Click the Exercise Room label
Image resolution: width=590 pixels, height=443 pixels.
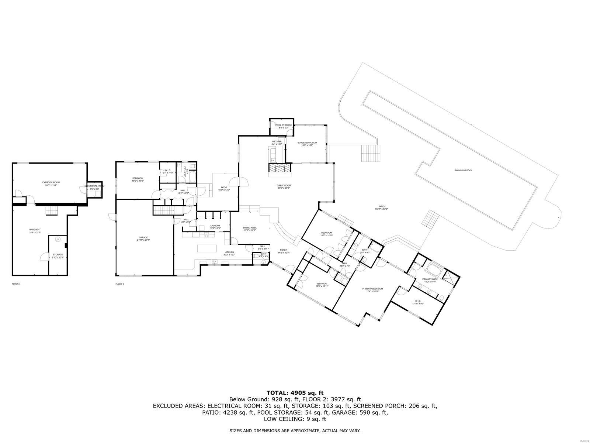[x=51, y=182]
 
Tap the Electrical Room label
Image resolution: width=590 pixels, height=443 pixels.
[x=94, y=186]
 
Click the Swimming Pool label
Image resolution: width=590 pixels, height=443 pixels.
[x=463, y=170]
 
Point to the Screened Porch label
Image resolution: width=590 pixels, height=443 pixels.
[x=307, y=143]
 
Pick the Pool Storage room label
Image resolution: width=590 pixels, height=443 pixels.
[x=284, y=125]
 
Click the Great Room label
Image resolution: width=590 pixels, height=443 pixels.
[x=284, y=186]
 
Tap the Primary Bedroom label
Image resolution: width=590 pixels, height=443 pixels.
[x=372, y=289]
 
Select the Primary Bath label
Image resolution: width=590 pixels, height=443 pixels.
[x=430, y=279]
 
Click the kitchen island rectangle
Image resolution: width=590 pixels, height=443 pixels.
[x=206, y=248]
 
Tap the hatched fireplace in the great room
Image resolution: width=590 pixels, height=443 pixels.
[x=280, y=168]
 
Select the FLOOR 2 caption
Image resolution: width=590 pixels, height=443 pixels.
[x=119, y=284]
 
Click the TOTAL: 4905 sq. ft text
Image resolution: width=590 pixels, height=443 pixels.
[x=295, y=393]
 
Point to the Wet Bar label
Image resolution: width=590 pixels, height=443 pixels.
[x=277, y=142]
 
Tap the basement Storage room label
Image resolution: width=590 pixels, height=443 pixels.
[x=58, y=255]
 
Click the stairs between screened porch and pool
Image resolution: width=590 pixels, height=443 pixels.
[x=370, y=153]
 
